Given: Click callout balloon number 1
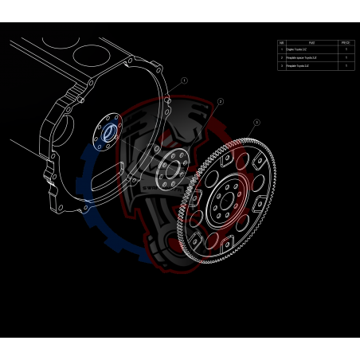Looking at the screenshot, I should click(184, 80).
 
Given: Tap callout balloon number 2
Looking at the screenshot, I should click(220, 102).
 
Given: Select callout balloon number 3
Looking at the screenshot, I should click(256, 123).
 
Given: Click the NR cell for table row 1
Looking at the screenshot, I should click(281, 49).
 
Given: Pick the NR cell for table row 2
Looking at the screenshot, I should click(281, 57).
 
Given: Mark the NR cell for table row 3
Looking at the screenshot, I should click(281, 65).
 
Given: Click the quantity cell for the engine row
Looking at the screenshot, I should click(345, 49).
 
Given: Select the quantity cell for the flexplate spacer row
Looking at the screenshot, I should click(345, 57).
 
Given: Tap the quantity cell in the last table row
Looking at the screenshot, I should click(345, 65).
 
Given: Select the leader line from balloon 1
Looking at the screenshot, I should click(175, 88).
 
